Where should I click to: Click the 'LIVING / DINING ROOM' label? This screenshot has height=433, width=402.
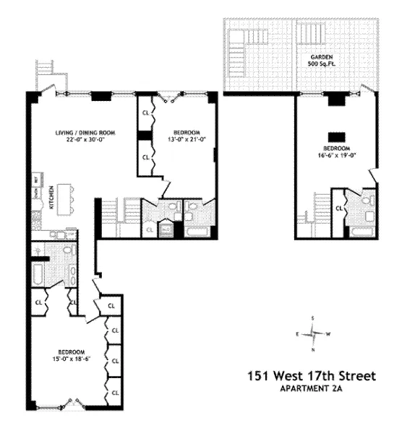click(86, 133)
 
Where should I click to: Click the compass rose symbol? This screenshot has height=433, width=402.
click(313, 333)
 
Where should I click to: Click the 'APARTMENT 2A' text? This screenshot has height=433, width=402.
click(312, 389)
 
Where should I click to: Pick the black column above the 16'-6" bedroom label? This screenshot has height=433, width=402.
click(335, 136)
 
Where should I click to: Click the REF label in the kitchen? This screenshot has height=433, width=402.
click(35, 179)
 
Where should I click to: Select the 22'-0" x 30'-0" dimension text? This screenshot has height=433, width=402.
click(86, 141)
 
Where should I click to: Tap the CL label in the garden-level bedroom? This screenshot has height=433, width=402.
click(338, 209)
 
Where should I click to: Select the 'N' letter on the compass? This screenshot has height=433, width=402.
click(313, 350)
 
